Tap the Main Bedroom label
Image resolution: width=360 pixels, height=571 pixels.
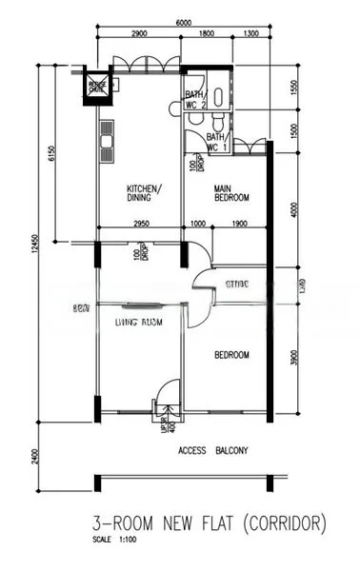click(230, 193)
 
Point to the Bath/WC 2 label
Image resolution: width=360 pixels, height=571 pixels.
click(195, 100)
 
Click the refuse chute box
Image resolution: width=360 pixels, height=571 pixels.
click(98, 85)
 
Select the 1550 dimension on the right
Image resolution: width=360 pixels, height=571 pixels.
click(294, 89)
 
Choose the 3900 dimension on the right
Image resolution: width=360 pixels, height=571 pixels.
click(294, 357)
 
